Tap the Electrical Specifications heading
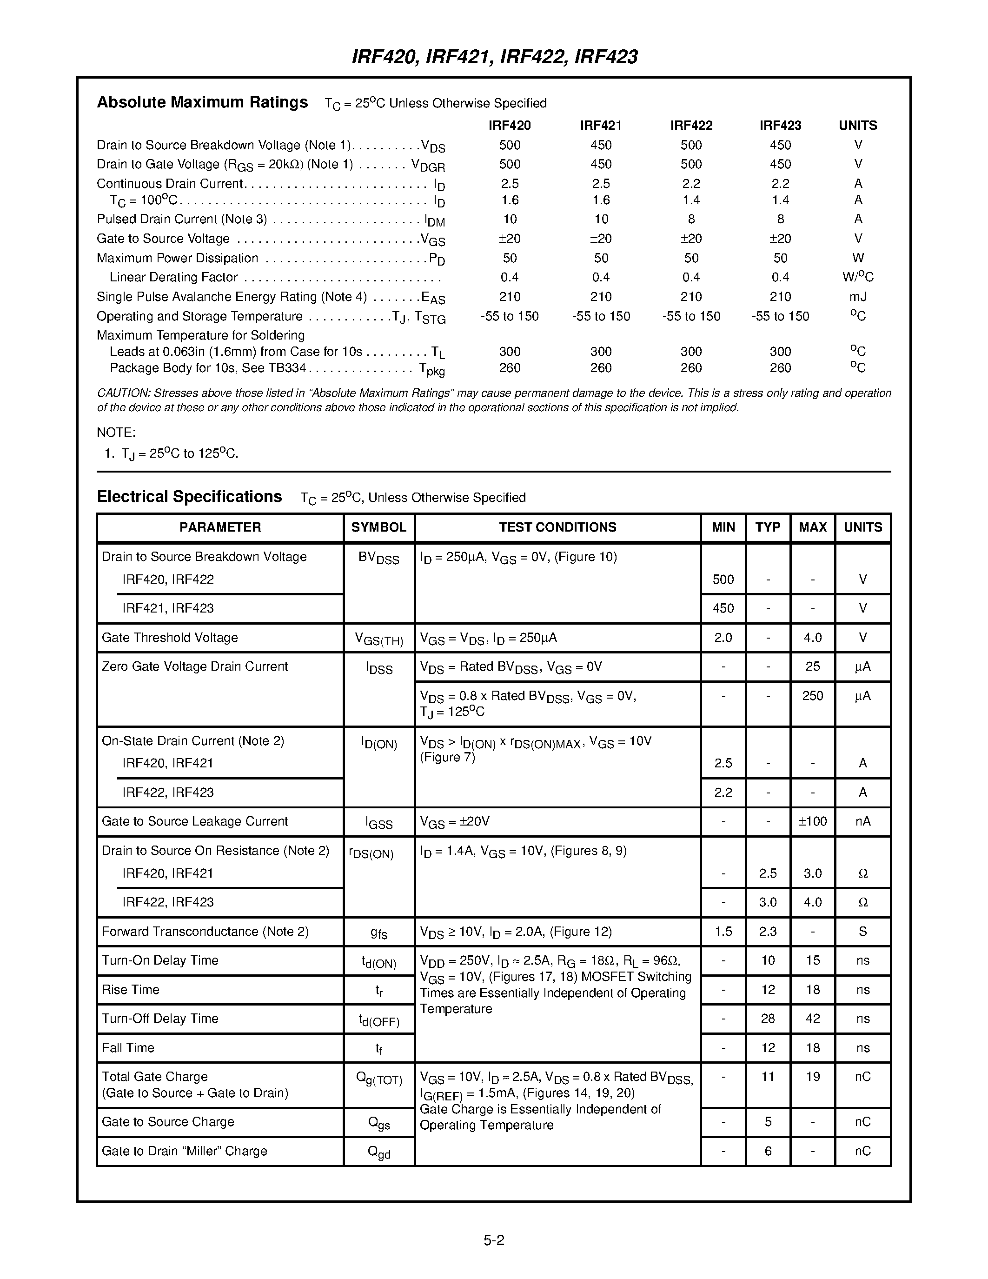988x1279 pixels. click(x=189, y=497)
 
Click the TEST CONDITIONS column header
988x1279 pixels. click(x=557, y=527)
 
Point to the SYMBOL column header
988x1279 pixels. click(x=378, y=527)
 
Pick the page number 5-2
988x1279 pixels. click(x=494, y=1240)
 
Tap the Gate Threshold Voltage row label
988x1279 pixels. click(x=170, y=638)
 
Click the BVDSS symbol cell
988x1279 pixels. click(x=378, y=558)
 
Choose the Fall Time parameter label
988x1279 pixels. click(x=128, y=1048)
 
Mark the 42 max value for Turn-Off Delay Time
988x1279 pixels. click(x=812, y=1019)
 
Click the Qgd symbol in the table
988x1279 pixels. click(x=378, y=1152)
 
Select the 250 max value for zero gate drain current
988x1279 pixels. click(x=812, y=696)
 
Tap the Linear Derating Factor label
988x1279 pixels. click(x=173, y=278)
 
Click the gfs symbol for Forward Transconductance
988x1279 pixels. click(x=378, y=933)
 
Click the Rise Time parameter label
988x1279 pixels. click(x=131, y=990)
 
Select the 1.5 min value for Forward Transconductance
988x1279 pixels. click(x=723, y=932)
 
